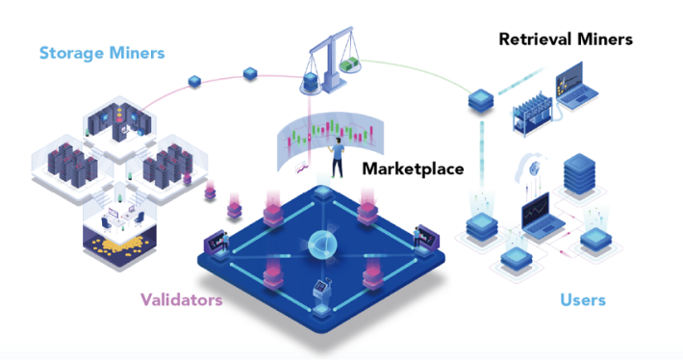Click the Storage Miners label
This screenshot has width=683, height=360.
point(102,53)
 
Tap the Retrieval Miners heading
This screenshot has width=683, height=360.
point(566,39)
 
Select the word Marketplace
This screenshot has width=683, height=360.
point(413,168)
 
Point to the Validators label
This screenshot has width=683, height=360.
point(181,300)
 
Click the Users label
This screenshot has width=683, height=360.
point(583,300)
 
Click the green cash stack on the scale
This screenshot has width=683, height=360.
point(351,65)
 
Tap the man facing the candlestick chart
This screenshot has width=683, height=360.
point(337,158)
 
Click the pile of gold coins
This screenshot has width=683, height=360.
point(119,244)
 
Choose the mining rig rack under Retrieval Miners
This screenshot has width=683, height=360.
point(531,114)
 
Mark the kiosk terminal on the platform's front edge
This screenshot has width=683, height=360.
point(323,291)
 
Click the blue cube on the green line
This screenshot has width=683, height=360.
point(481,101)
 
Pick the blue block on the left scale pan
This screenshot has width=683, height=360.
point(309,82)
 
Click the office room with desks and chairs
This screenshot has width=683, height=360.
point(120,214)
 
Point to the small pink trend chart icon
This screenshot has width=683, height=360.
point(301,167)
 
